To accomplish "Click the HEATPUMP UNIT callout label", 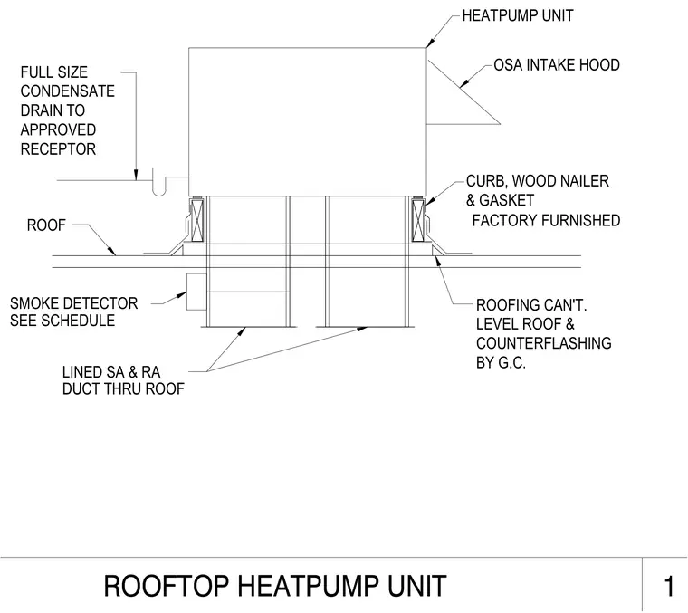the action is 518,15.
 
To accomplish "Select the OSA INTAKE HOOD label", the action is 557,65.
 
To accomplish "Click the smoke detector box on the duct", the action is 196,292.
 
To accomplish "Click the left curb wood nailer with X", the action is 197,219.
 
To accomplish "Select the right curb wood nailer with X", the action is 418,219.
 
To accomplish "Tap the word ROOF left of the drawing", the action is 46,225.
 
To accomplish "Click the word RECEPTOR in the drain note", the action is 58,149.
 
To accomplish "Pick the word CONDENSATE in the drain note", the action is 68,91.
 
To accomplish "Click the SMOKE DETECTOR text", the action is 73,303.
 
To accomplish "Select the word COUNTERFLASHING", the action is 544,343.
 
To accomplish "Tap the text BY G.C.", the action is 501,363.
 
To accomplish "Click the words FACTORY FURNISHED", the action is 546,220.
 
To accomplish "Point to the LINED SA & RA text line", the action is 111,372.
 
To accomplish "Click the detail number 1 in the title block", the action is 669,586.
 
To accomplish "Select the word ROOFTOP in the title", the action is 166,586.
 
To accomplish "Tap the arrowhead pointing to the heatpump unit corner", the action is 430,43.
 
